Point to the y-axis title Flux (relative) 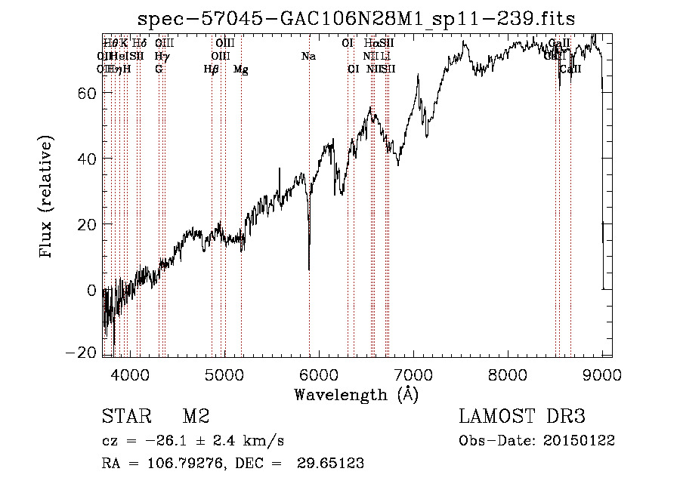[x=48, y=197]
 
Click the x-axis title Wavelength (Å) [x=356, y=394]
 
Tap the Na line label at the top [x=308, y=57]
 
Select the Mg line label [x=241, y=69]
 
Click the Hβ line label [x=212, y=69]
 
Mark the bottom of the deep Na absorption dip [x=309, y=268]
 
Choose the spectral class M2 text [x=196, y=417]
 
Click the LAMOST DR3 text [x=522, y=417]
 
